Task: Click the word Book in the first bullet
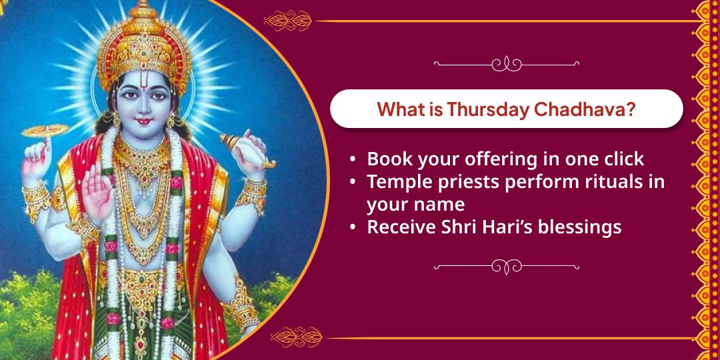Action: tap(387, 159)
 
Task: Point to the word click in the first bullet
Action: tap(624, 159)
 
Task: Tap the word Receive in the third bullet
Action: tap(399, 227)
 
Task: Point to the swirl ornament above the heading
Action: tap(507, 64)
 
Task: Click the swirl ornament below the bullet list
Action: tap(507, 267)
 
